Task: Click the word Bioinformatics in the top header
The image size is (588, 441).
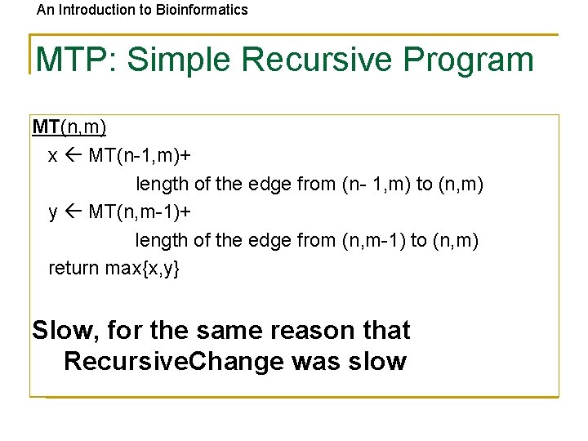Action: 204,10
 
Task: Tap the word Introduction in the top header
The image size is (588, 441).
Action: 94,10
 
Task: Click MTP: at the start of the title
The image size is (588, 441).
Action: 77,60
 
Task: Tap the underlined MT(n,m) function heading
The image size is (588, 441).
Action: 69,127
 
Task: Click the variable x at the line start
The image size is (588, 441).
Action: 53,156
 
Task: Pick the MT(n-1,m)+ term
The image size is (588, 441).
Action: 140,156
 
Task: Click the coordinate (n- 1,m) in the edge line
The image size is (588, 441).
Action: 376,185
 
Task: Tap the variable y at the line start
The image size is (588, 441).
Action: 53,212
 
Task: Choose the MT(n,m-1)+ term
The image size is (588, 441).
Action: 140,212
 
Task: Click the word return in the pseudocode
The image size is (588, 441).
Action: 74,268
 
